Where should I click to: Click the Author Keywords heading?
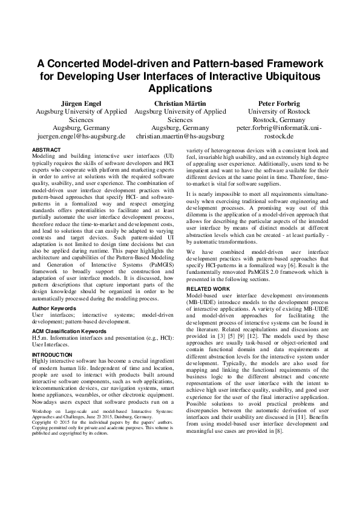pos(54,308)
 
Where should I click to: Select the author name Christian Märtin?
pos(180,103)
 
